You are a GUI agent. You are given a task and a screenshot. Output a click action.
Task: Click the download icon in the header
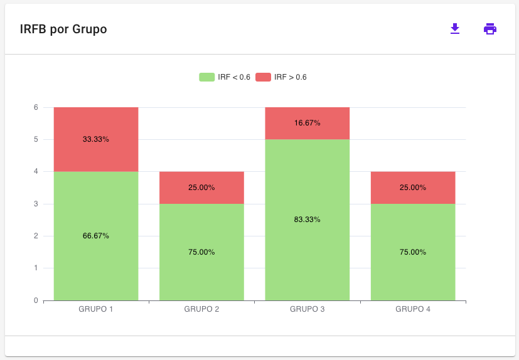click(455, 29)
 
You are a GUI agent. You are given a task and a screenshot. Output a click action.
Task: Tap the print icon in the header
click(490, 29)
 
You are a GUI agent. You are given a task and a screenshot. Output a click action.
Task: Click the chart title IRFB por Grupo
click(63, 29)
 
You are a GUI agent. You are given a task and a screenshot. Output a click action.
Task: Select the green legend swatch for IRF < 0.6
click(207, 77)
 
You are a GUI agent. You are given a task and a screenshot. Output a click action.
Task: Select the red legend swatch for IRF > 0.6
click(263, 77)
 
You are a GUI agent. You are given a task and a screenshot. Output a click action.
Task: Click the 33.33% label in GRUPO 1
click(96, 139)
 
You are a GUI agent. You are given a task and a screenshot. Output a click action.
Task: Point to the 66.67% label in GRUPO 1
click(96, 236)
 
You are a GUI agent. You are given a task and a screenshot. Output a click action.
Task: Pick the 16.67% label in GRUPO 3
click(308, 123)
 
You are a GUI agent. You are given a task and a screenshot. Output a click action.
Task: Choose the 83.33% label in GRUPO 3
click(308, 220)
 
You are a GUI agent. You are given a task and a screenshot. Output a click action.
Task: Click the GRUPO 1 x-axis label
click(96, 309)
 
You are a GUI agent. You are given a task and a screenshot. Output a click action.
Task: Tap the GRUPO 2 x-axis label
click(201, 309)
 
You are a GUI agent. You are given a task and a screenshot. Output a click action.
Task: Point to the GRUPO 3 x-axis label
click(308, 309)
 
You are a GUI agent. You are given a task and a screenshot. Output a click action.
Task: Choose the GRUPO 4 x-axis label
click(413, 309)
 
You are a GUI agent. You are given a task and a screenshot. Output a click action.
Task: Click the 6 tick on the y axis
click(36, 107)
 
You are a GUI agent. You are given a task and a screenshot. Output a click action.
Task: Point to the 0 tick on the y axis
click(36, 300)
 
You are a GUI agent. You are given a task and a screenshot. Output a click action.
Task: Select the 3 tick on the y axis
click(36, 204)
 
